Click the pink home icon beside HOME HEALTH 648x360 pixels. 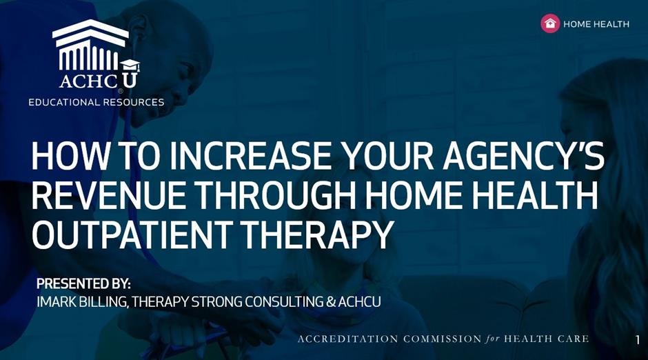coord(550,23)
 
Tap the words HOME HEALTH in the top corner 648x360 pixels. coord(596,24)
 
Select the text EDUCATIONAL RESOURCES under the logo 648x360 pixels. coord(97,102)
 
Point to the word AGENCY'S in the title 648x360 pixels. coord(523,156)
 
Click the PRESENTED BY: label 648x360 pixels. coord(83,284)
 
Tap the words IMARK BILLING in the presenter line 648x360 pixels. coord(82,302)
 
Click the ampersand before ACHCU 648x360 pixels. coord(331,302)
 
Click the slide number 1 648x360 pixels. coord(637,339)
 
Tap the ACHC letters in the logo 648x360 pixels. coord(88,80)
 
